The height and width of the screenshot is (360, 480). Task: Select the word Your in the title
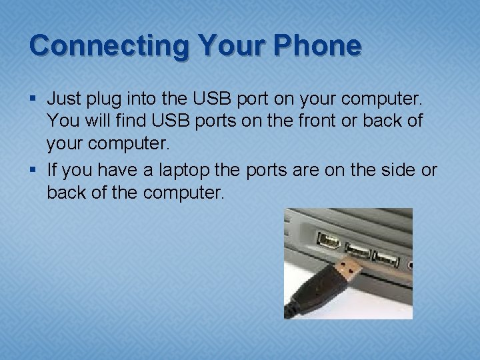tap(231, 46)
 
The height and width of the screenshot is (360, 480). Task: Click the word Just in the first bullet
tap(64, 99)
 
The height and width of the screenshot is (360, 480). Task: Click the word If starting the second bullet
tap(53, 170)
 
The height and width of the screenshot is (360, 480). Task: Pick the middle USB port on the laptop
tap(358, 250)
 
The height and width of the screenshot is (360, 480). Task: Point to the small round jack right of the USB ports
tap(409, 264)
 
